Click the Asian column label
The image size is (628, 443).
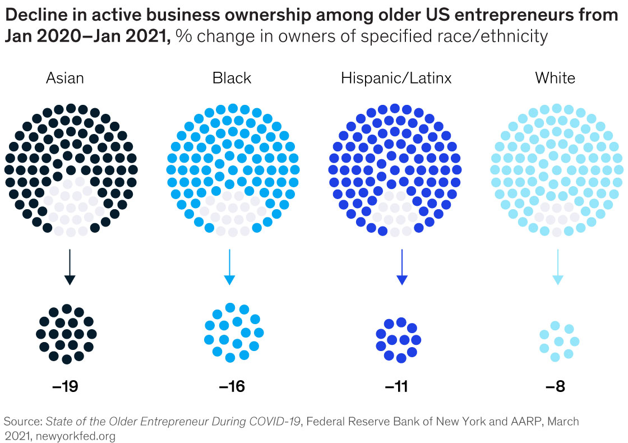pos(65,77)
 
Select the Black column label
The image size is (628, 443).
pos(232,77)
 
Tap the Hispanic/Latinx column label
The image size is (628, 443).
pos(396,77)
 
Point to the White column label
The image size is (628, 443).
pos(555,77)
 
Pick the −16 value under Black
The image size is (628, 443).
pos(232,387)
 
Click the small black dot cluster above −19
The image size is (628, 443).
pos(67,334)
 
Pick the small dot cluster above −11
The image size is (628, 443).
pos(399,340)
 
